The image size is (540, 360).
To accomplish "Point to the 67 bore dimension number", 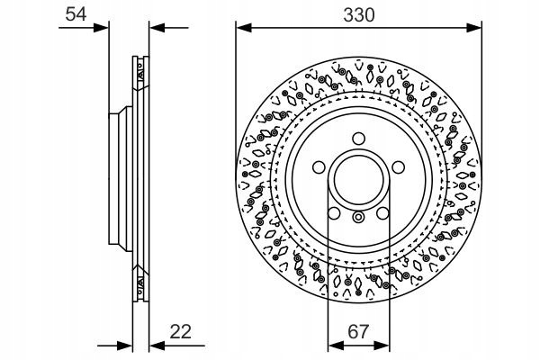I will tap(357, 331).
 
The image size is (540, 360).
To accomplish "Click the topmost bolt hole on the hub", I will tap(357, 139).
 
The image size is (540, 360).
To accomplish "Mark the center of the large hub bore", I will tap(357, 180).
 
